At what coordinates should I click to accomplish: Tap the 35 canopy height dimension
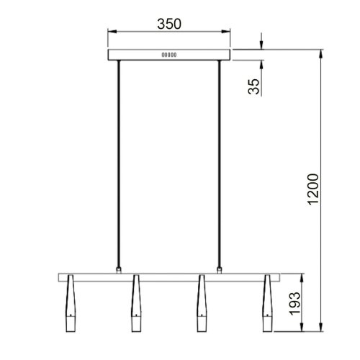253,86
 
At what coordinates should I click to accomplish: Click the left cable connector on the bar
119,271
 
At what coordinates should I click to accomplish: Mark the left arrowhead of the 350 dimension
110,32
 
